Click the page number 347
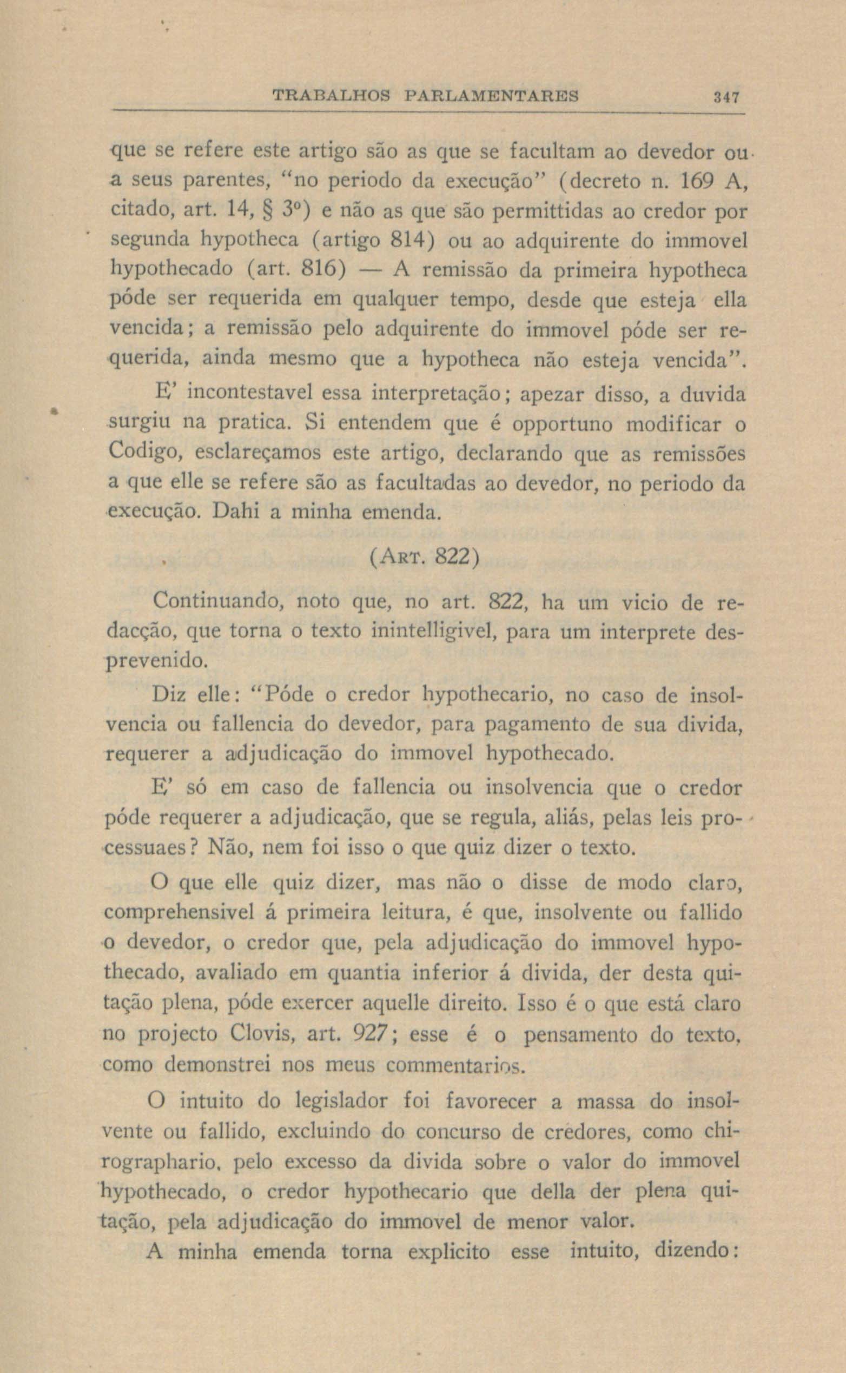point(727,97)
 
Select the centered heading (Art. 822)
point(424,559)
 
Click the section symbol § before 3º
point(263,212)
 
